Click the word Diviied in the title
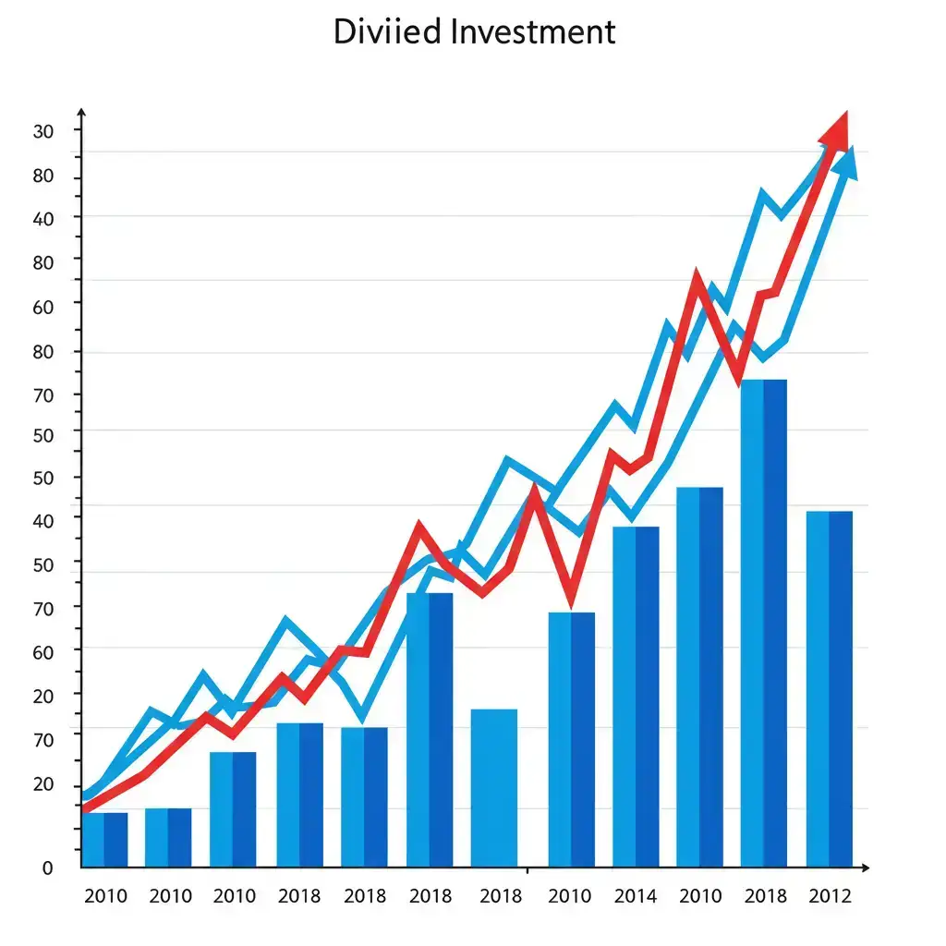tap(389, 31)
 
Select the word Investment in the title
tap(534, 31)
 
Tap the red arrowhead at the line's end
tap(836, 129)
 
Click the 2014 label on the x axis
tap(635, 896)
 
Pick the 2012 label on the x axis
tap(830, 896)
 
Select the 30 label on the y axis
tap(43, 132)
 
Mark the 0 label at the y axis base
tap(47, 868)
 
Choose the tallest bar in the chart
tap(764, 623)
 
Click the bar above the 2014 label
tap(636, 697)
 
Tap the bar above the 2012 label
tap(830, 689)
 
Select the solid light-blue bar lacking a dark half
tap(494, 787)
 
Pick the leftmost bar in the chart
tap(104, 840)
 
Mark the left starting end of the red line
tap(86, 808)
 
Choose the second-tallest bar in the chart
tap(699, 676)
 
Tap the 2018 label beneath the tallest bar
tap(765, 896)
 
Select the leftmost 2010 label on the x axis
tap(105, 896)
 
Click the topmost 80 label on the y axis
tap(43, 177)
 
